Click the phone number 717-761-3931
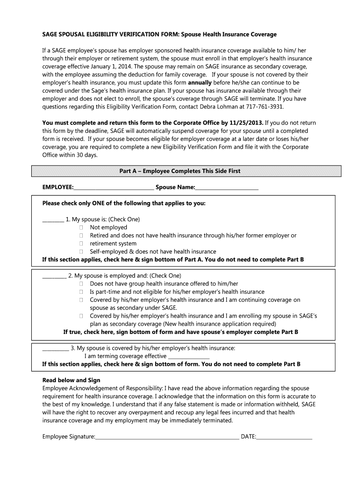[266, 107]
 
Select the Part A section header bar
[180, 171]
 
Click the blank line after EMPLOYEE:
[114, 188]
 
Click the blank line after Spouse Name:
[227, 188]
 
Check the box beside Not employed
[81, 227]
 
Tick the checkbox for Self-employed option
[81, 251]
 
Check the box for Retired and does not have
[81, 235]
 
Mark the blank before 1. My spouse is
[53, 219]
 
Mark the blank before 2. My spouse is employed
[54, 276]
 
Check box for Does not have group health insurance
[81, 283]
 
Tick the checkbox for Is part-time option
[81, 291]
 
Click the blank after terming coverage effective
[188, 356]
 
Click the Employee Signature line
[167, 437]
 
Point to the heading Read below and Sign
[71, 380]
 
